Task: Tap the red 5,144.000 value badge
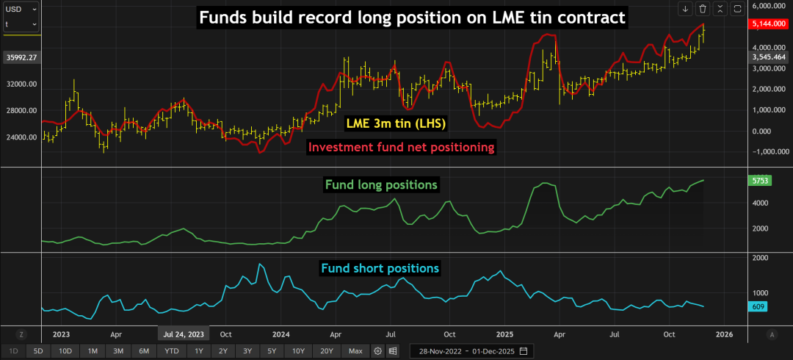(x=768, y=24)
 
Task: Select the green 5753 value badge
(x=757, y=180)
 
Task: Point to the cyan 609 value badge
(x=756, y=306)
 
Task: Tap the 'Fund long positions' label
(x=381, y=184)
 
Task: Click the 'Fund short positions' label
(x=380, y=268)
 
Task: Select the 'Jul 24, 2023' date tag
(x=183, y=334)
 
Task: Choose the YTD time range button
(x=171, y=351)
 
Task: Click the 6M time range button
(x=144, y=351)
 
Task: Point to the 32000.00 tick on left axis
(x=22, y=84)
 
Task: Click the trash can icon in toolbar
(x=703, y=9)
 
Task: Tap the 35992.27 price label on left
(x=21, y=57)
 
